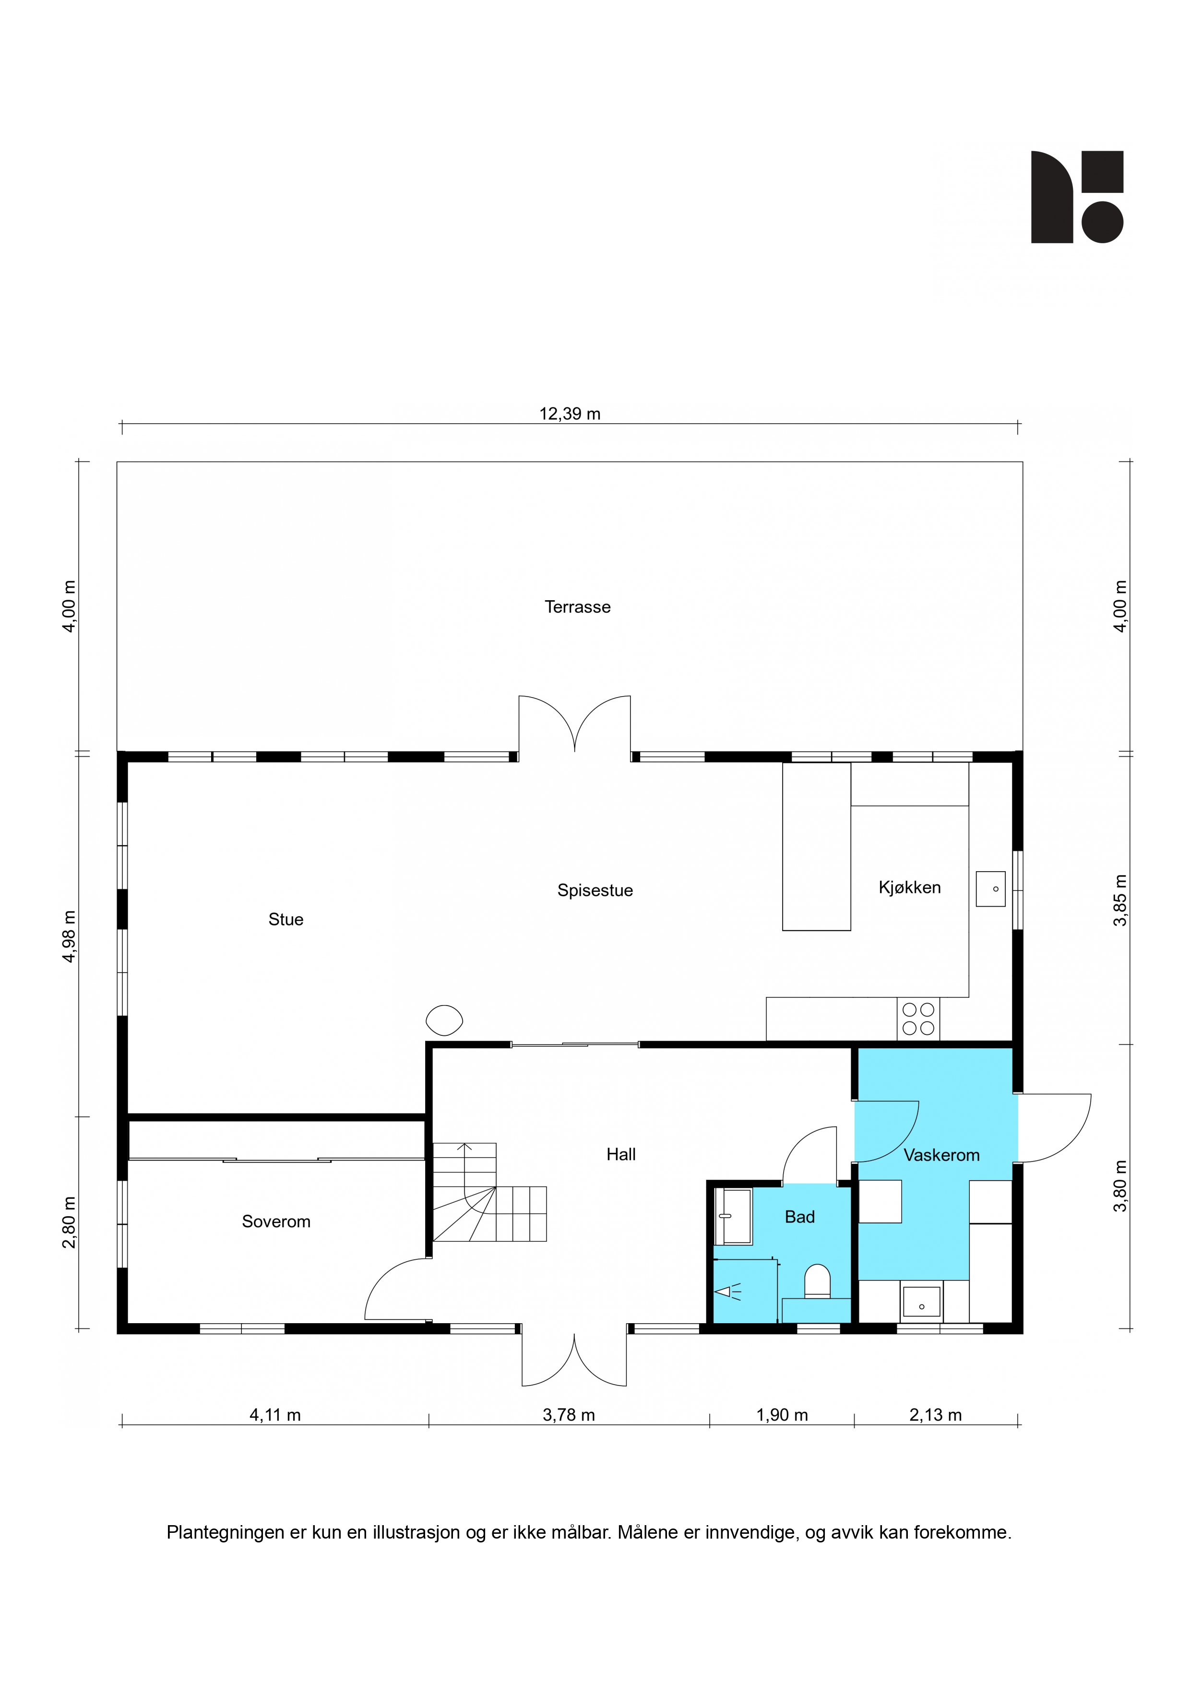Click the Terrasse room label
[577, 607]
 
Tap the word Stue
[286, 919]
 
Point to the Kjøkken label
[909, 887]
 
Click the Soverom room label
[276, 1221]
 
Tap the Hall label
[621, 1154]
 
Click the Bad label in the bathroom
[800, 1217]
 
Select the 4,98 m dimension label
[69, 936]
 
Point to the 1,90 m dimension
[782, 1415]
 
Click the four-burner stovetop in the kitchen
[918, 1019]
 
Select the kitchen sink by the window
[990, 889]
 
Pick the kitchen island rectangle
[816, 847]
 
